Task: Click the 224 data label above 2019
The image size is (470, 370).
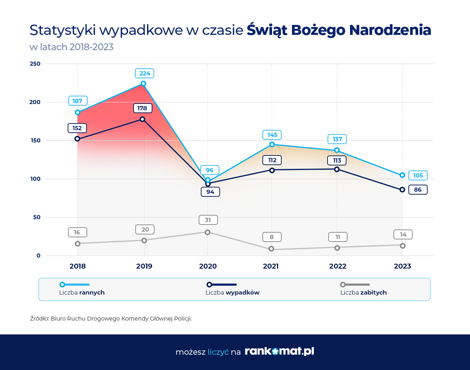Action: click(145, 73)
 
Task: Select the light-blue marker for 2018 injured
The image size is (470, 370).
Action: click(78, 112)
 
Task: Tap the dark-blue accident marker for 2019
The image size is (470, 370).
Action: click(142, 119)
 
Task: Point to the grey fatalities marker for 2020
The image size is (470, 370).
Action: click(208, 232)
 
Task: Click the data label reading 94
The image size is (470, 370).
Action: click(210, 192)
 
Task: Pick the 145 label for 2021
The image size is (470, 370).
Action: click(272, 135)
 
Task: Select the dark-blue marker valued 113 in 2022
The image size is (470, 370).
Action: click(337, 169)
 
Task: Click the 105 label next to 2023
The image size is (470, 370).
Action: click(418, 175)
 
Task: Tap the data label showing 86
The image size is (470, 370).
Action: click(418, 190)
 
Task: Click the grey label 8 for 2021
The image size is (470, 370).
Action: click(272, 237)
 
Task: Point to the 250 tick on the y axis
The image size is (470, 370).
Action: click(35, 64)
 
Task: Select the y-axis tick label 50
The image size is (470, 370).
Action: click(37, 217)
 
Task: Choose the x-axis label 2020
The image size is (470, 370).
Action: click(208, 266)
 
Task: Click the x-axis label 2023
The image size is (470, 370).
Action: click(402, 266)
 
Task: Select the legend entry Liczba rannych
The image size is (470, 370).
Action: click(82, 292)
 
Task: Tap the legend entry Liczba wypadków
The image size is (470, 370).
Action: click(233, 292)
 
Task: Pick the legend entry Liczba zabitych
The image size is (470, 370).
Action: click(364, 292)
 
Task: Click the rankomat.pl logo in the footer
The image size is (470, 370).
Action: click(280, 351)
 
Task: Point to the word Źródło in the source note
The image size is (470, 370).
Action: click(39, 318)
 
